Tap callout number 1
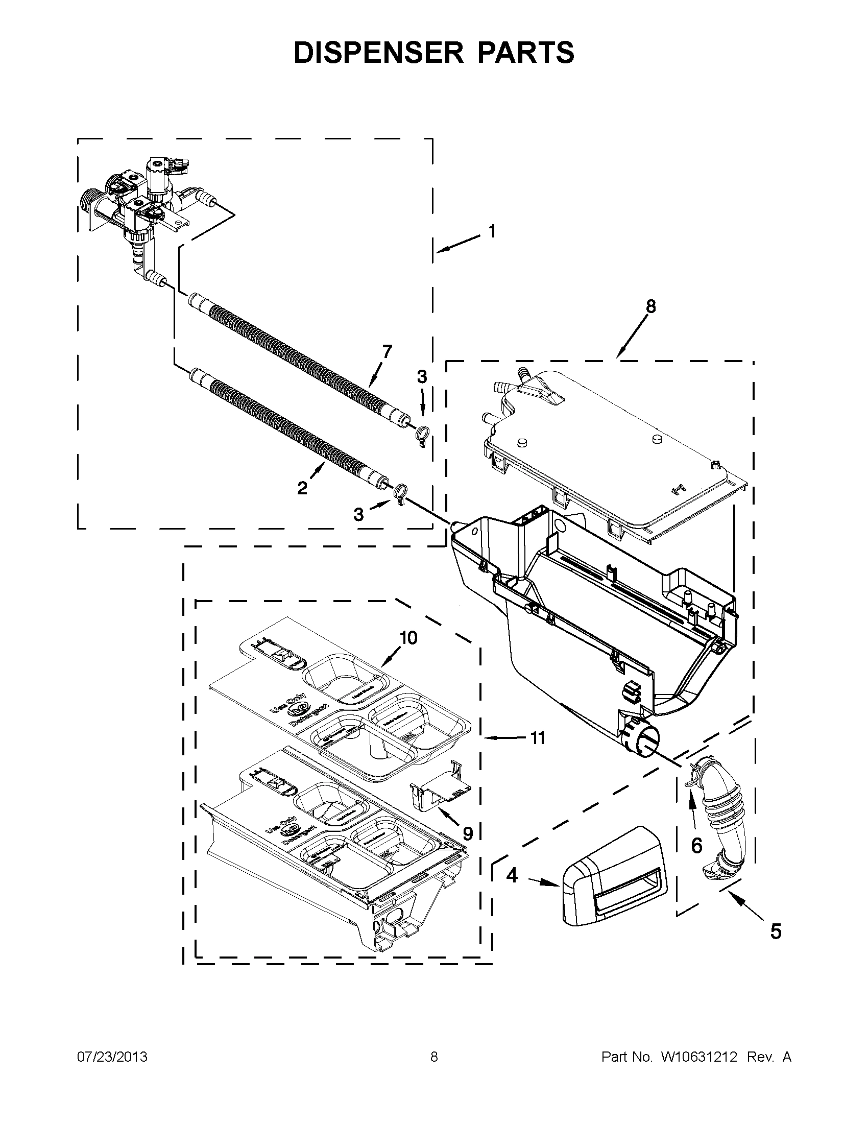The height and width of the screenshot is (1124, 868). (492, 232)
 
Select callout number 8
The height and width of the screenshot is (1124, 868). (651, 307)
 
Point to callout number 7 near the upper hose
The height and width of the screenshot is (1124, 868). (386, 352)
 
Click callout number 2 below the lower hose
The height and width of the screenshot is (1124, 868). (303, 487)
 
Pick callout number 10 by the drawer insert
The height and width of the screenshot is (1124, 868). (409, 638)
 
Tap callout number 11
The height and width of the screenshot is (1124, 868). (538, 738)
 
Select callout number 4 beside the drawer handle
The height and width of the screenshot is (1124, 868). (512, 874)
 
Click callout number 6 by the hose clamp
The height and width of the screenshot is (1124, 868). (696, 845)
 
